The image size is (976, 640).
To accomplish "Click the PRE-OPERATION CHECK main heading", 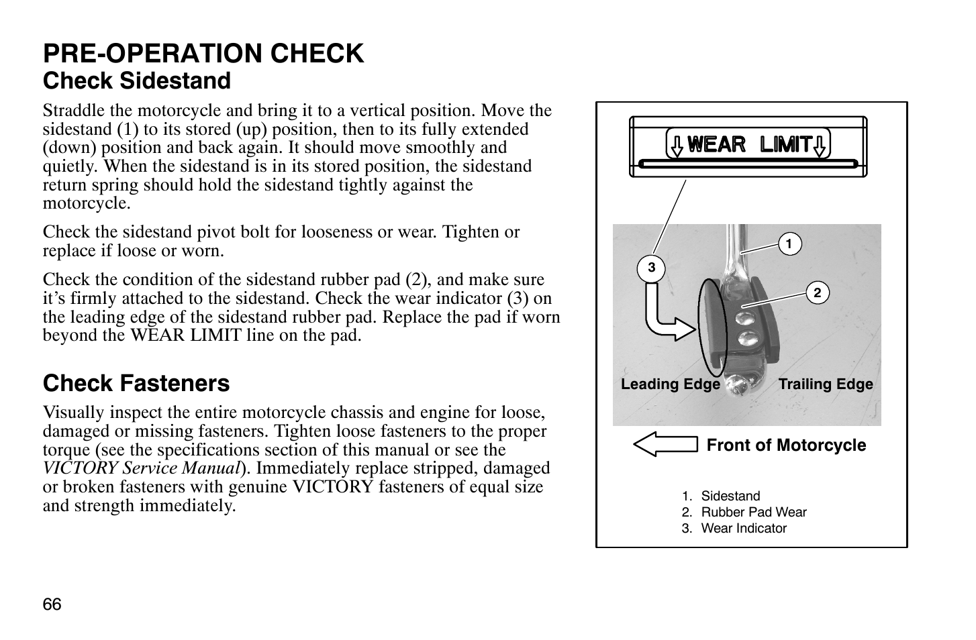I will coord(203,54).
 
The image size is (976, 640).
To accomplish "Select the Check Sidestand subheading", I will coord(137,81).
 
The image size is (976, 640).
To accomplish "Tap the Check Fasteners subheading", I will coord(136,384).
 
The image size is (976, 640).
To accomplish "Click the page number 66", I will coord(52,604).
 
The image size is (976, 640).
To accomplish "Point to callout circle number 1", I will coord(789,244).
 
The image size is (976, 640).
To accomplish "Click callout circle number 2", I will coord(818,293).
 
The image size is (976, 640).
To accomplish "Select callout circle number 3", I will coord(650,268).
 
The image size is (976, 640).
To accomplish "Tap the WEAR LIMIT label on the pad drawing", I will coord(748,144).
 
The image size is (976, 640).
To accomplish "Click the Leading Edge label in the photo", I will coord(670,384).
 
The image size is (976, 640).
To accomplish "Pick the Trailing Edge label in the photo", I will coord(826,384).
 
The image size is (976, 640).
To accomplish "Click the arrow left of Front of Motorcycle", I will coord(665,445).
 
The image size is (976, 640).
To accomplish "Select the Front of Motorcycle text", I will coord(786,445).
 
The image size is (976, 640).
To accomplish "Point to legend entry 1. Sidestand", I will coord(721,496).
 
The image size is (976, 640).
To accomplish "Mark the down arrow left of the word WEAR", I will coord(677,145).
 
